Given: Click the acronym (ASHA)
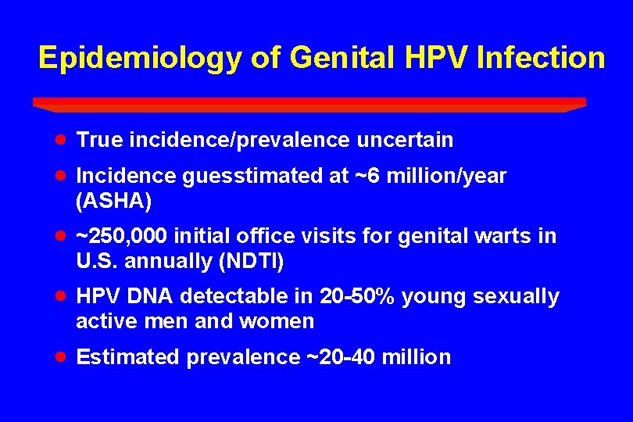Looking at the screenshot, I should (114, 202).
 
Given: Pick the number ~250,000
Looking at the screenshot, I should (122, 236).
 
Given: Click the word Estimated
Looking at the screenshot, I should (128, 358).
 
